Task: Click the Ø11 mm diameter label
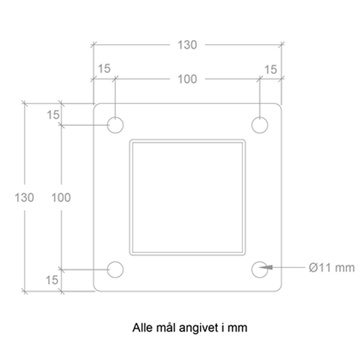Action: click(332, 268)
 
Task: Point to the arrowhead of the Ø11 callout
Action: click(259, 268)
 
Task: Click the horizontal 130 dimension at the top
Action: click(187, 45)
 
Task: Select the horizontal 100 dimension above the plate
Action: click(187, 79)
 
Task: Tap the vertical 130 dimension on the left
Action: click(25, 197)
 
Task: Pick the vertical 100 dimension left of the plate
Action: click(61, 197)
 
